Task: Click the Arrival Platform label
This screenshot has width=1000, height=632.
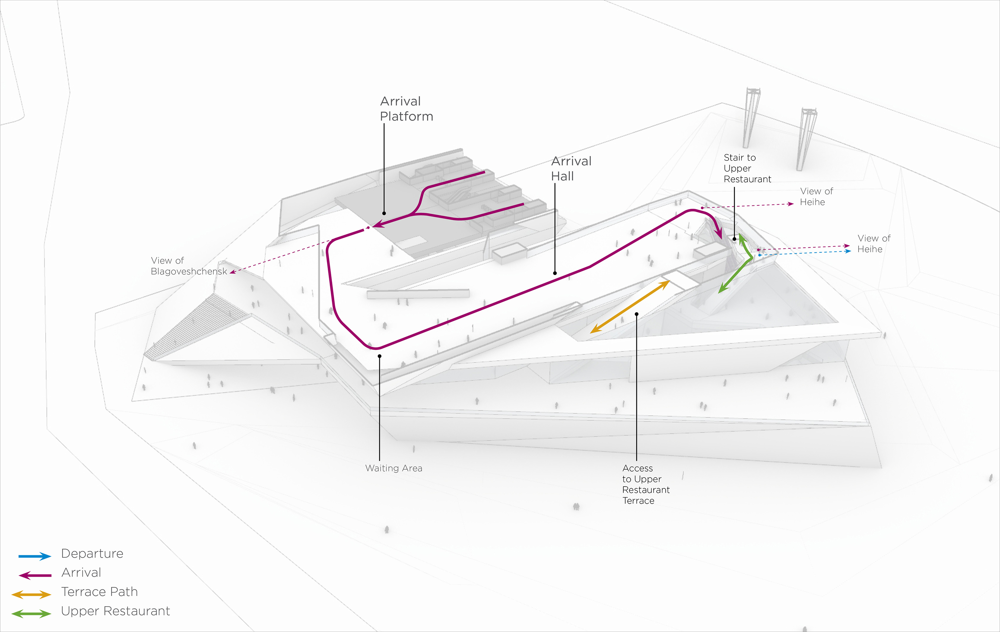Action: (406, 109)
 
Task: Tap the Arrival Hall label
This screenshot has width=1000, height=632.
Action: (571, 168)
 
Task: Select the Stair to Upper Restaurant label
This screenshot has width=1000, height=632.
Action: (747, 168)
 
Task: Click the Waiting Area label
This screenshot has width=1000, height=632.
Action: (393, 468)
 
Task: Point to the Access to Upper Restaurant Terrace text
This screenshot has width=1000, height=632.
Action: (645, 485)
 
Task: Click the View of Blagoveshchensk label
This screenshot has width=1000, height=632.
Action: (189, 266)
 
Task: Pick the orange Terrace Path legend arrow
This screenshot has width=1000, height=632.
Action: (32, 595)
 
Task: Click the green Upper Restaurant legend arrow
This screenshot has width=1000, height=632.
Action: (32, 614)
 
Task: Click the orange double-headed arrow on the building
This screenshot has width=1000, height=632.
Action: (630, 306)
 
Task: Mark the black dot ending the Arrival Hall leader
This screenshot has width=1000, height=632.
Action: (555, 273)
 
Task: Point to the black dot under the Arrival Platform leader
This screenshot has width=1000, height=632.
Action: (384, 213)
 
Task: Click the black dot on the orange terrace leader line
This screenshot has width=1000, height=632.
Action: (637, 314)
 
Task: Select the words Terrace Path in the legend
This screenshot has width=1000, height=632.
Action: (99, 592)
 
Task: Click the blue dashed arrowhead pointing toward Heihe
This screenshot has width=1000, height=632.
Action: (848, 251)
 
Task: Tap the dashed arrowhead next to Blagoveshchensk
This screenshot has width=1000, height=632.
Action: (233, 272)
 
